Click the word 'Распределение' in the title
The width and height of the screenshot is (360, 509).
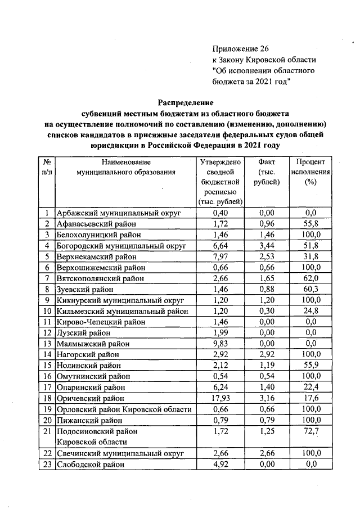point(185,102)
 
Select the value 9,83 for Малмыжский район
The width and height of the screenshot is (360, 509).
point(220,344)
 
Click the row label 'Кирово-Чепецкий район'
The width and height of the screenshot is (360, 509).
point(101,322)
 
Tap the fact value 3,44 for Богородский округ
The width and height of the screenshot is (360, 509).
point(267,246)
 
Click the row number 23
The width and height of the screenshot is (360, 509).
point(47,464)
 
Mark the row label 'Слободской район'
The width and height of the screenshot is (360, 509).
point(90,464)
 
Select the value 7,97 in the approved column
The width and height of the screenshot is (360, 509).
point(220,256)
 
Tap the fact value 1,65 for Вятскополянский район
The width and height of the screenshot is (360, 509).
point(267,278)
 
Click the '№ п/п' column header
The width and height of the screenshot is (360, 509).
point(47,167)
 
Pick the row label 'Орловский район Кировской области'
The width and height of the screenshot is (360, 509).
point(124,409)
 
